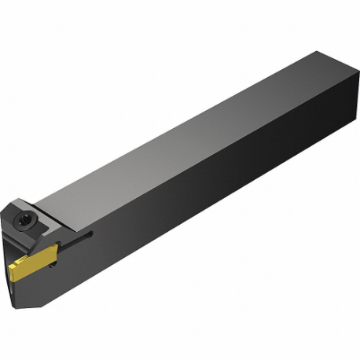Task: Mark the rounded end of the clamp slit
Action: pyautogui.click(x=90, y=233)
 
